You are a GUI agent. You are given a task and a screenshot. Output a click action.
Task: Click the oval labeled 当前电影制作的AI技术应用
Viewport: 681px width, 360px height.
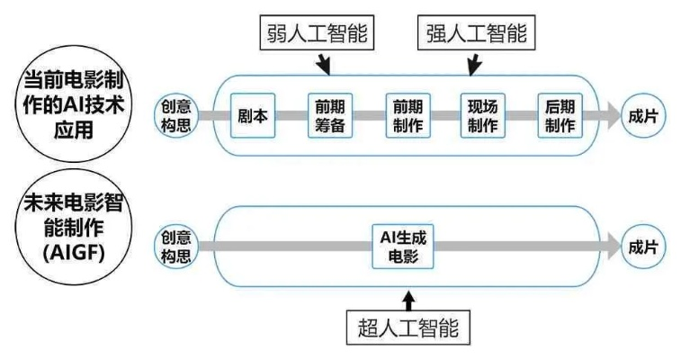click(75, 106)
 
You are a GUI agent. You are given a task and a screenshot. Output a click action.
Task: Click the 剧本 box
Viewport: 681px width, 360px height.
click(253, 115)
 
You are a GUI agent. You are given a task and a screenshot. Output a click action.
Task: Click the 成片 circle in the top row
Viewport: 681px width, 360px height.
click(643, 115)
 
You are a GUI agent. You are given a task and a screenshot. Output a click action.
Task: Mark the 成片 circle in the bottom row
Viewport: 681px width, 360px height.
click(643, 247)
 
